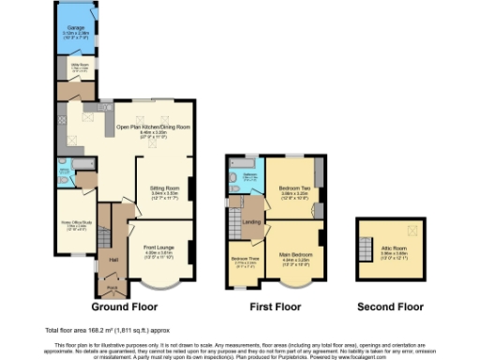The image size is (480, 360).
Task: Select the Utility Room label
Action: (x=80, y=67)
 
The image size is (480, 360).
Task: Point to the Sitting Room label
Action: (x=165, y=188)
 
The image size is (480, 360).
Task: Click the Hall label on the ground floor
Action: (x=112, y=260)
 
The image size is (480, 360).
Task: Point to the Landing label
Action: (x=251, y=221)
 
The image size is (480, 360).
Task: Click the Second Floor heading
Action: (x=391, y=307)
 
